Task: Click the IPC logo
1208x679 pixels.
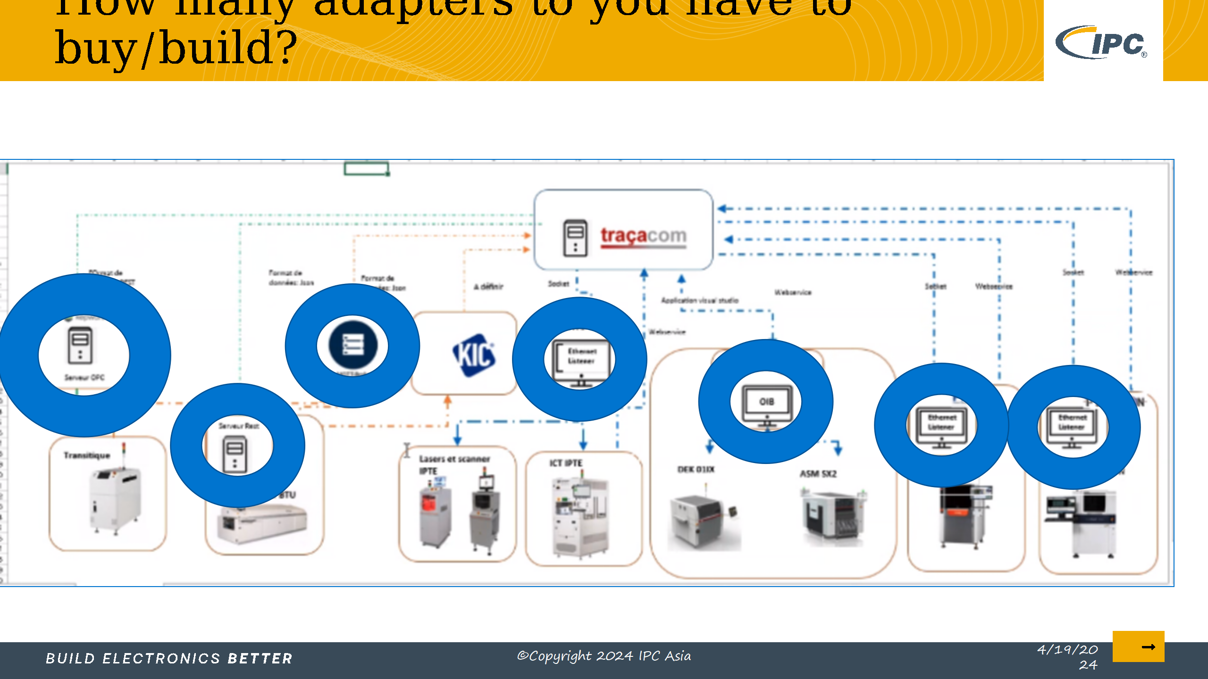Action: pyautogui.click(x=1102, y=42)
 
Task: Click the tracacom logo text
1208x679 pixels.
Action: pyautogui.click(x=643, y=235)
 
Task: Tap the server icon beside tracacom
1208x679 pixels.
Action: pyautogui.click(x=575, y=238)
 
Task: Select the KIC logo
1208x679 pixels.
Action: pyautogui.click(x=473, y=355)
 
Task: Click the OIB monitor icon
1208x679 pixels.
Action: pyautogui.click(x=766, y=403)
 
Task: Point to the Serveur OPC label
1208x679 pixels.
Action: pyautogui.click(x=84, y=377)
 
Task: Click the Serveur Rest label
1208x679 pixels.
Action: pyautogui.click(x=238, y=426)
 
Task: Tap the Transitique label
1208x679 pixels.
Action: pyautogui.click(x=87, y=455)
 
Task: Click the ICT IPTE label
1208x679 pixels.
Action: pyautogui.click(x=566, y=463)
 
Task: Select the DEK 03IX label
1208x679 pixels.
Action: pyautogui.click(x=696, y=469)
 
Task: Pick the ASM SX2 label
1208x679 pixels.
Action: pyautogui.click(x=818, y=473)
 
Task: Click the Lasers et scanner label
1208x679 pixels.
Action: pyautogui.click(x=454, y=459)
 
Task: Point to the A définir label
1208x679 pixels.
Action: pyautogui.click(x=488, y=286)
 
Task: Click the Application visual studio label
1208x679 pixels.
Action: pyautogui.click(x=699, y=300)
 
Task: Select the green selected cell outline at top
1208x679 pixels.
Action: pyautogui.click(x=366, y=168)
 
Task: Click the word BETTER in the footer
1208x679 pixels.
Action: pyautogui.click(x=260, y=658)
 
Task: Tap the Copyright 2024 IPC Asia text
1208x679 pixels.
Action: pyautogui.click(x=604, y=656)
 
